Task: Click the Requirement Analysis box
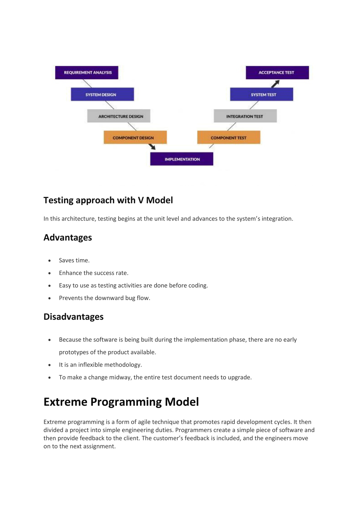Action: pos(87,72)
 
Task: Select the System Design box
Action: pos(102,94)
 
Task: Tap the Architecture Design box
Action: pos(119,116)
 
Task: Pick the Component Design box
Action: pos(135,137)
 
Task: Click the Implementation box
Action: pos(182,159)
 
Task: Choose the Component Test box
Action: pos(229,137)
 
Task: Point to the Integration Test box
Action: pos(245,116)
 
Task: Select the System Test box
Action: pos(261,94)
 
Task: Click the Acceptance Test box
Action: pos(277,72)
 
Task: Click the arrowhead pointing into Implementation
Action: pos(153,147)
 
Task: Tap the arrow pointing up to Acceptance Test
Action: pos(275,84)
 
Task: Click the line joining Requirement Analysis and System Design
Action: pos(87,83)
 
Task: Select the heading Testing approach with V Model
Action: pos(108,200)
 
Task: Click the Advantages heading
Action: pos(68,237)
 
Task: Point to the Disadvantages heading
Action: pos(74,317)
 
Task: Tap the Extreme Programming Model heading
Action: pos(121,402)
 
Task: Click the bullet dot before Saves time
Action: pos(50,261)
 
